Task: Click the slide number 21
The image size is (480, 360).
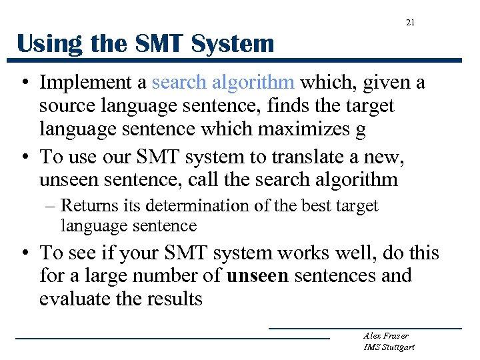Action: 410,23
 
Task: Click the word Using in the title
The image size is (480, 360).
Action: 45,45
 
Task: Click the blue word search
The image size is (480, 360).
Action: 179,83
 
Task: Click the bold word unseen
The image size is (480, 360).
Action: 257,276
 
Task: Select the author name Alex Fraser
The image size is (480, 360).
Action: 385,335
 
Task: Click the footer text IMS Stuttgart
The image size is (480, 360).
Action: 389,347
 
